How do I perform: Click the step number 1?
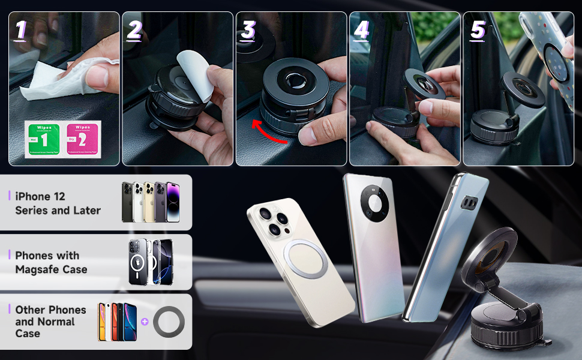click(x=20, y=30)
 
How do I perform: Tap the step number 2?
click(x=134, y=30)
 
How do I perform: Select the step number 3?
click(x=248, y=30)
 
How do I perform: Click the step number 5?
click(x=478, y=30)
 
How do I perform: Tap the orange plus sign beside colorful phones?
click(x=144, y=322)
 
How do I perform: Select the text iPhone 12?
click(x=40, y=196)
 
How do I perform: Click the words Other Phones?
click(x=50, y=310)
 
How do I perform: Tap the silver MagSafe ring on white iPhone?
click(x=305, y=259)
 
